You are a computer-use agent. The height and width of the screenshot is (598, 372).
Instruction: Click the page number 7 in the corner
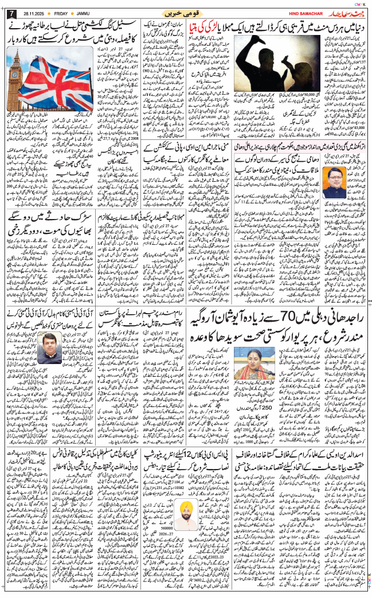(9, 13)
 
